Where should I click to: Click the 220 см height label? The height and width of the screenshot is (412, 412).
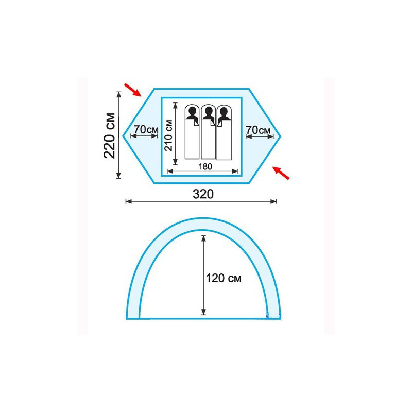click(110, 135)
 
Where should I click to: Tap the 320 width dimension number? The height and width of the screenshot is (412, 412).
click(203, 194)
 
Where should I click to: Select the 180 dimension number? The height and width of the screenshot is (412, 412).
click(205, 166)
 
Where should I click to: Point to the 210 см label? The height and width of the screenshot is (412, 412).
click(168, 135)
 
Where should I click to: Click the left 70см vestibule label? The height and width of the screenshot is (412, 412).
click(146, 130)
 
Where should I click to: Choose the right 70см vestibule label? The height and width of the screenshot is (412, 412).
click(258, 130)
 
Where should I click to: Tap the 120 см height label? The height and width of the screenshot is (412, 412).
click(224, 278)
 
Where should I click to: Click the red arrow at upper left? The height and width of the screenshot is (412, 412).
click(133, 90)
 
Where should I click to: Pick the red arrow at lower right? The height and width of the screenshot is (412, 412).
click(281, 173)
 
